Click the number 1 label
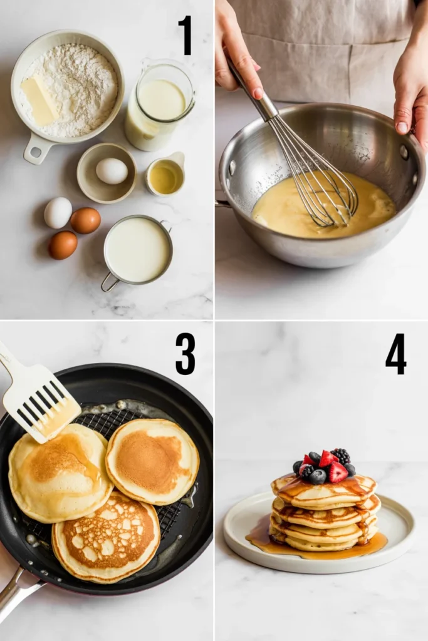point(185,36)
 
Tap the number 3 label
point(185,354)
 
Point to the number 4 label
point(395,354)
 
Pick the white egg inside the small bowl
point(112,171)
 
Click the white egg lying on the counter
point(58,213)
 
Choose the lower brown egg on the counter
point(63,245)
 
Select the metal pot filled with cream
point(137,250)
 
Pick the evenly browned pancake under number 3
point(152,461)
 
